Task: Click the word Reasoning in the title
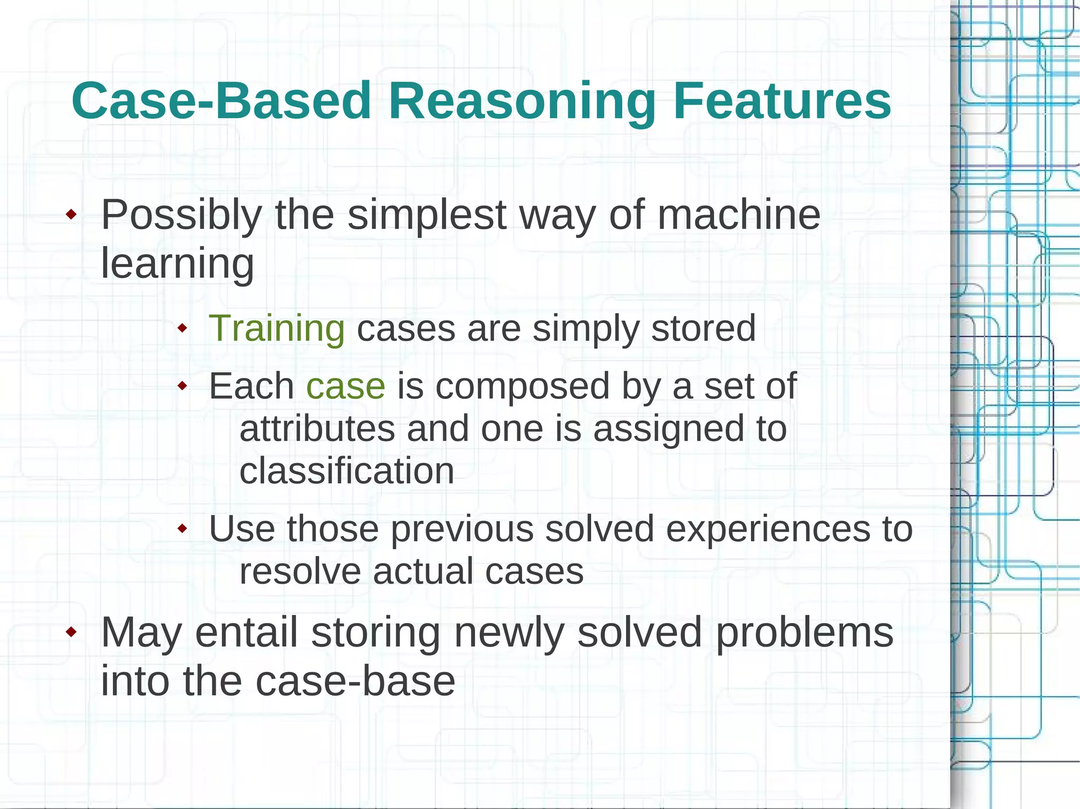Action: [522, 101]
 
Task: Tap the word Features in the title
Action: [782, 101]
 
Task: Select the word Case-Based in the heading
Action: [221, 101]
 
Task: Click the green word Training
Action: [277, 329]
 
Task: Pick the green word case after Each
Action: [345, 386]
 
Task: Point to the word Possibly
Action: [181, 215]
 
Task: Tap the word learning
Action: [177, 264]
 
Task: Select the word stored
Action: [703, 329]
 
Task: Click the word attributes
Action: [317, 428]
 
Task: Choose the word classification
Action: [346, 471]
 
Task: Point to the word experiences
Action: [765, 529]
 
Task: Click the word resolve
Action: [300, 571]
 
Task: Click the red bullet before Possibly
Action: [71, 215]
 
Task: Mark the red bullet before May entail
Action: [71, 632]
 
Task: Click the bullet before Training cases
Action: [182, 328]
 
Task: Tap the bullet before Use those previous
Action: [182, 528]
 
